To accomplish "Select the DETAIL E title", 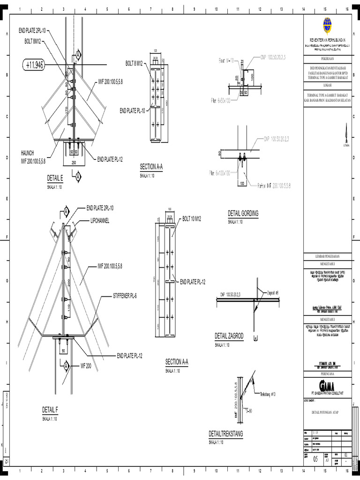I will (x=55, y=178).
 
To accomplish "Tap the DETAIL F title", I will (x=50, y=410).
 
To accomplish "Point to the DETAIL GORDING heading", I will (x=243, y=213).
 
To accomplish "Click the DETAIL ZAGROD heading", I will (x=229, y=336).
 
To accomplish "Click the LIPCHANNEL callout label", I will (x=97, y=221).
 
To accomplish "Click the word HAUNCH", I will (x=27, y=153).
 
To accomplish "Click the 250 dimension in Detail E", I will (x=74, y=162).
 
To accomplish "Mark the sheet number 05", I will (x=315, y=460).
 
